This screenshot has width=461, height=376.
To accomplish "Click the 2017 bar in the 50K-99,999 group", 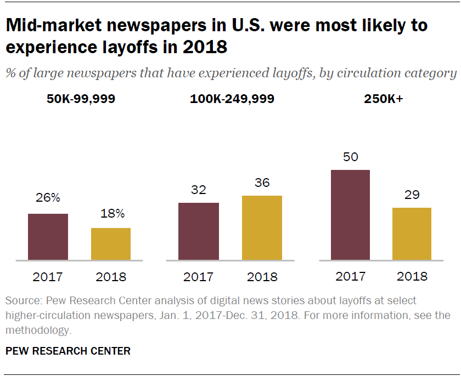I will pos(48,237).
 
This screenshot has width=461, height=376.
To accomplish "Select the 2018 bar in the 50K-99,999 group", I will pos(111,244).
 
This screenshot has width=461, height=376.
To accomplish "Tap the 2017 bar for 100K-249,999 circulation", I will pos(199,231).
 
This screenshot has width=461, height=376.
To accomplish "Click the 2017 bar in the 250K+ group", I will pos(350,215).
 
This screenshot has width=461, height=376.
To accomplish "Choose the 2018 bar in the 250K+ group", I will pos(412,233).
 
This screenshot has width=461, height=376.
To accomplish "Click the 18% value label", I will pos(111,213).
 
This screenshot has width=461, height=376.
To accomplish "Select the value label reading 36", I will pos(262,182).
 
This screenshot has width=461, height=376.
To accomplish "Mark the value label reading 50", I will pos(350,157).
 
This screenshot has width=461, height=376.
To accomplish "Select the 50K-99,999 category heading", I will pos(81,99).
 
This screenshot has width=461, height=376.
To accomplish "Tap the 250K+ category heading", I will pos(382,99).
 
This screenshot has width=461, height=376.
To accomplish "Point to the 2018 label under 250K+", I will pos(412,276).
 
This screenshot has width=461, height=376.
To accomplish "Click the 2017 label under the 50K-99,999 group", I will pos(48,277).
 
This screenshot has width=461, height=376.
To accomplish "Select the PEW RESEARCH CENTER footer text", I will pos(68,351).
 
